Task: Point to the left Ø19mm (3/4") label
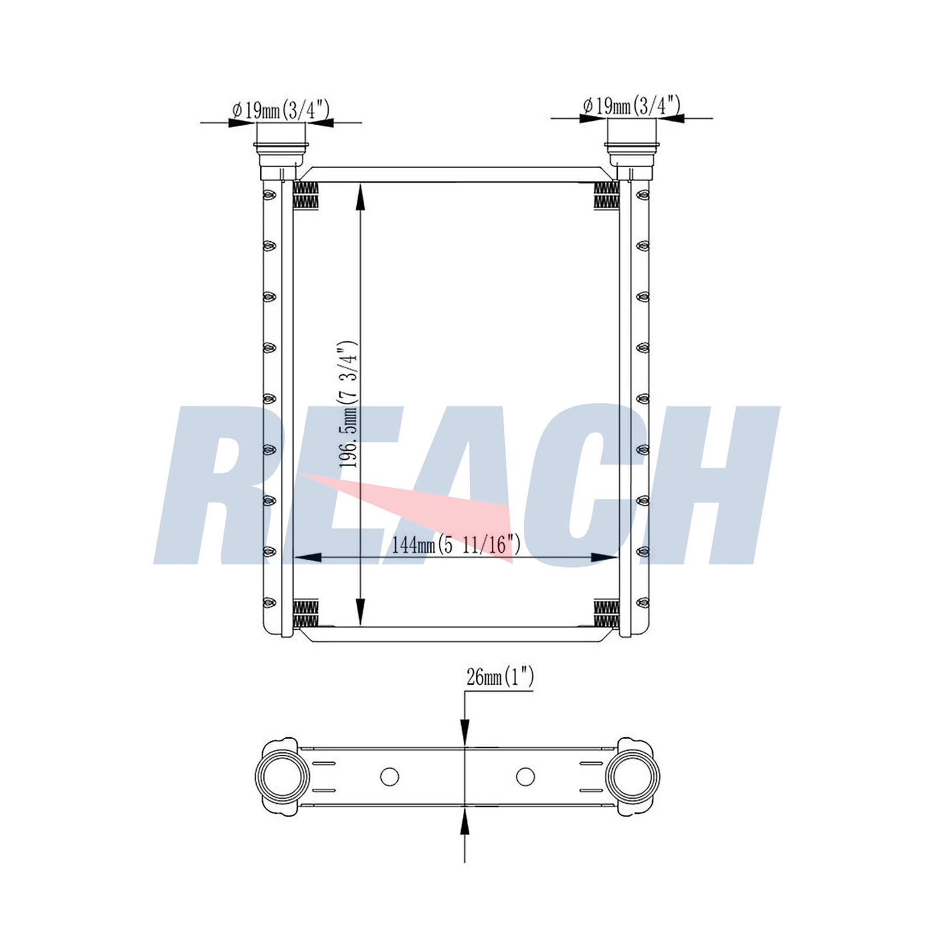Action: [x=281, y=110]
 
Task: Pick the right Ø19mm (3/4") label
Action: [x=632, y=105]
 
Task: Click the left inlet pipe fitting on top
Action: [x=280, y=160]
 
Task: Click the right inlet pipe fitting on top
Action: [x=632, y=159]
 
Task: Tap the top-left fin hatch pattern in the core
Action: [x=305, y=195]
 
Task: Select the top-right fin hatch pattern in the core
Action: [x=606, y=195]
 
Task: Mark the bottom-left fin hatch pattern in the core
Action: [x=305, y=613]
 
